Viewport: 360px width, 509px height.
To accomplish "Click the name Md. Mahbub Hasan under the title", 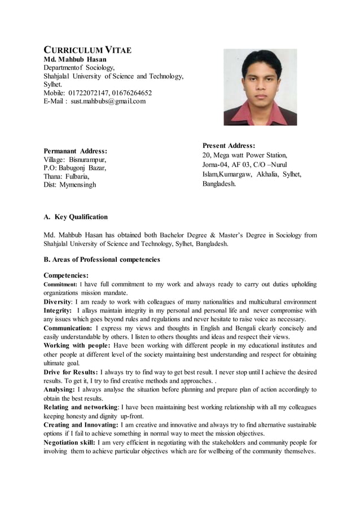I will (x=75, y=59).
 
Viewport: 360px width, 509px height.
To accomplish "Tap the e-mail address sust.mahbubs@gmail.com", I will (x=108, y=101).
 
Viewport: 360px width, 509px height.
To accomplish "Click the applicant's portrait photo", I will (x=260, y=87).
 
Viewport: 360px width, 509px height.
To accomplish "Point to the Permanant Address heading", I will (x=76, y=151).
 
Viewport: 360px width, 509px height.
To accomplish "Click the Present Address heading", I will (x=229, y=145).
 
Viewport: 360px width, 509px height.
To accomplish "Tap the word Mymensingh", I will (x=78, y=185).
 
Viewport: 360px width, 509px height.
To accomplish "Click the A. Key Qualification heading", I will (x=76, y=217).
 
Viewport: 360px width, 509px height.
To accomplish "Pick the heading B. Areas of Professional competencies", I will (x=102, y=260).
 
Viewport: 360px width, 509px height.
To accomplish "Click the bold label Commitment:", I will (x=60, y=284).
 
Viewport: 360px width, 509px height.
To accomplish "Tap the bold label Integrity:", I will (x=58, y=310).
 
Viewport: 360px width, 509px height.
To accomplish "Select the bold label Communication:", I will (x=68, y=327).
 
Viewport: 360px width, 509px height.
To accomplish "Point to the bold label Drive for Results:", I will (x=71, y=372).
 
